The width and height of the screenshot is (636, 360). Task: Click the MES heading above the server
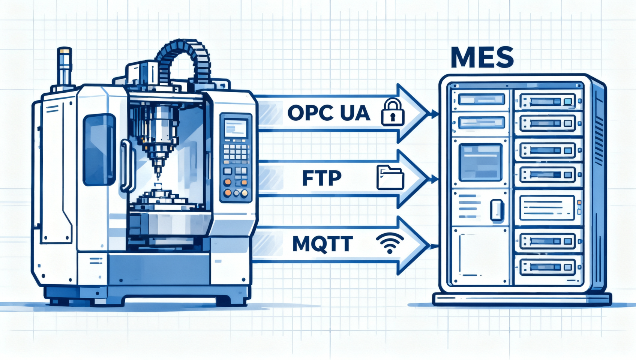(482, 57)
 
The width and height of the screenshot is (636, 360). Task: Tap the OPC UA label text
(328, 113)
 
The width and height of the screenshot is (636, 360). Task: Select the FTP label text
(322, 178)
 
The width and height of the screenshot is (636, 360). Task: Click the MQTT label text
(322, 244)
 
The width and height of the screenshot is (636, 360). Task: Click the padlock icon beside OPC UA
(393, 112)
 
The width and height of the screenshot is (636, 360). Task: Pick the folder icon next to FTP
(390, 178)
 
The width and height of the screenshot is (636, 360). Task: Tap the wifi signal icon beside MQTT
(390, 243)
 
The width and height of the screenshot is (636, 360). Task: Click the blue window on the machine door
(99, 150)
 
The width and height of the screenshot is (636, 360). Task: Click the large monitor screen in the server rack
(480, 162)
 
